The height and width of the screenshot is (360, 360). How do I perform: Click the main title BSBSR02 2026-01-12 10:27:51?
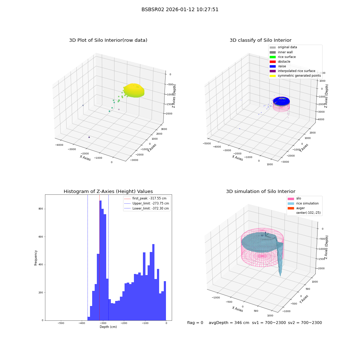(180, 9)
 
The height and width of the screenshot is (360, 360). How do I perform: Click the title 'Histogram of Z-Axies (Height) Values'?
(108, 192)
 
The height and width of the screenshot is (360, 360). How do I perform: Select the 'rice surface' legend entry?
(283, 57)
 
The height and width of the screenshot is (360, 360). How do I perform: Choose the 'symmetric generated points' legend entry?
(295, 76)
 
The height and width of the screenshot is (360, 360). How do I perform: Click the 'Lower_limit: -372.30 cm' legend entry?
(147, 208)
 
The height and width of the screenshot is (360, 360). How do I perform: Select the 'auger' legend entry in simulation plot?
(296, 208)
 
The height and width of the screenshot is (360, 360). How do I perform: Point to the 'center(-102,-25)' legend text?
(309, 213)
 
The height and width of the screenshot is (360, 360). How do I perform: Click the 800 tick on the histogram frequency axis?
(41, 209)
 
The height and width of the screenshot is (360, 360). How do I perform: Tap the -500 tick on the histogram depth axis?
(61, 323)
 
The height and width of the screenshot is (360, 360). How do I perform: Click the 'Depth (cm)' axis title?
(108, 327)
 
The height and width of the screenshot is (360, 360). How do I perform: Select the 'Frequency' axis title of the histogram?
(36, 258)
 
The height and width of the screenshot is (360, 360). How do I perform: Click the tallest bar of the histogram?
(100, 260)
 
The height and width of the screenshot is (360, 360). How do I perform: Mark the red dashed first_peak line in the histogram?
(99, 257)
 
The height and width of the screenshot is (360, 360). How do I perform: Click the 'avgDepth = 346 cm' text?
(229, 323)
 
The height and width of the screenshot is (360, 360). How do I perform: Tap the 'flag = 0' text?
(195, 323)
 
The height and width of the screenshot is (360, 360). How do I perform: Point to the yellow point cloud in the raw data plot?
(134, 90)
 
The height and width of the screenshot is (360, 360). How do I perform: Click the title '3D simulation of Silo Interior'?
(261, 192)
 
